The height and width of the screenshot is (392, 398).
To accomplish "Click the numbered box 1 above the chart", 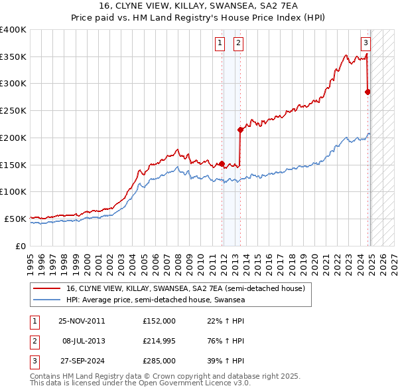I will coord(220,44).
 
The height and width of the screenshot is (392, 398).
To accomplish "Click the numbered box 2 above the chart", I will coord(237,44).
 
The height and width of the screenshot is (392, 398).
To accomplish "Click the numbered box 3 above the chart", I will coord(365,44).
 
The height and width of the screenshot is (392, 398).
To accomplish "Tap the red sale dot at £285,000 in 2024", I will coord(368,92).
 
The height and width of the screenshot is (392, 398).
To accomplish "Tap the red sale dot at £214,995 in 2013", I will coord(240,130).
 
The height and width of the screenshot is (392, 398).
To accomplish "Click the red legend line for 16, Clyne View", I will coord(46,289).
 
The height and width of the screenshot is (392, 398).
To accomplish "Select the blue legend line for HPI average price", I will coord(46,300).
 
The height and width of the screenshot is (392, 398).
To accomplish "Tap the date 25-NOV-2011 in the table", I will coord(82,321).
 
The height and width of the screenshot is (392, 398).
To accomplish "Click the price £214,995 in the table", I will coord(159,342).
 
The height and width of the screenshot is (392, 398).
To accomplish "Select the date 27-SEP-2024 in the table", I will coord(82,362).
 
